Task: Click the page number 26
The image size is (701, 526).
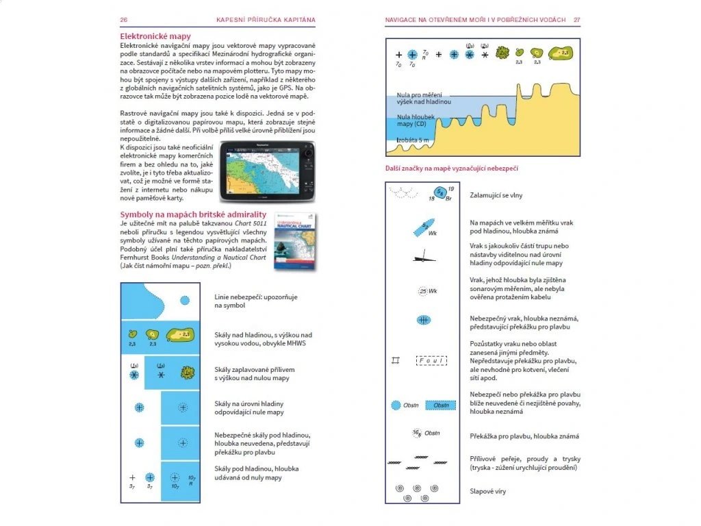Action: [124, 20]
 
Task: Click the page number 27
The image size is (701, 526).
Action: [576, 20]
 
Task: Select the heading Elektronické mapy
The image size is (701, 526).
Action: [155, 36]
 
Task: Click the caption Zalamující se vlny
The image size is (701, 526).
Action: [496, 195]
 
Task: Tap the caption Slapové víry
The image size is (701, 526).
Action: [488, 491]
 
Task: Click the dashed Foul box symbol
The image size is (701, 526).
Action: [431, 360]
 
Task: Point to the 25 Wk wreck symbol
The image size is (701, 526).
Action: [427, 292]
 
